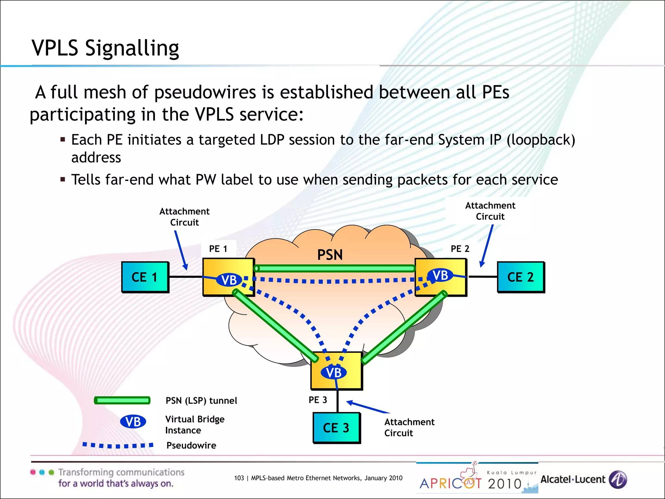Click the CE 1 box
point(145,277)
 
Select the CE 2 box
point(521,277)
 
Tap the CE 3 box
point(336,428)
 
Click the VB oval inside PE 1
point(229,280)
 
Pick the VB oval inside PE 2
point(440,275)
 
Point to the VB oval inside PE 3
point(334,373)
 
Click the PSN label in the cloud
point(330,255)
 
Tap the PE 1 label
point(218,249)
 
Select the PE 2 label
point(460,249)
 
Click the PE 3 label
point(318,400)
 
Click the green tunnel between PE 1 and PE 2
point(334,268)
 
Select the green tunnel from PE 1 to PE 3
point(275,326)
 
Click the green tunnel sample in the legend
point(122,400)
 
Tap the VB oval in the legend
point(133,422)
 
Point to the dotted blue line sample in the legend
point(118,445)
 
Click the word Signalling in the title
point(132,48)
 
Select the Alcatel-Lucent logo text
point(573,480)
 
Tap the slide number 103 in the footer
point(239,478)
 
